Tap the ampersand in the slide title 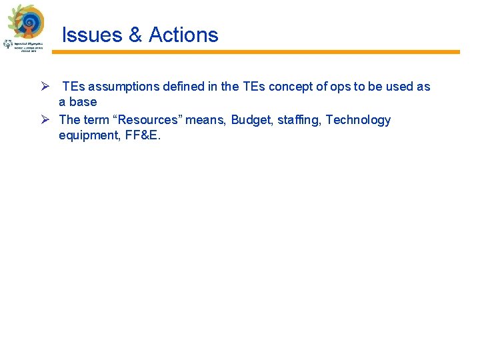[135, 35]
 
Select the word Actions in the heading [183, 35]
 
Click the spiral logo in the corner [29, 23]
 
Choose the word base [83, 102]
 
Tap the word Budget [250, 120]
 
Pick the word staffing [297, 120]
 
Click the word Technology [358, 120]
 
